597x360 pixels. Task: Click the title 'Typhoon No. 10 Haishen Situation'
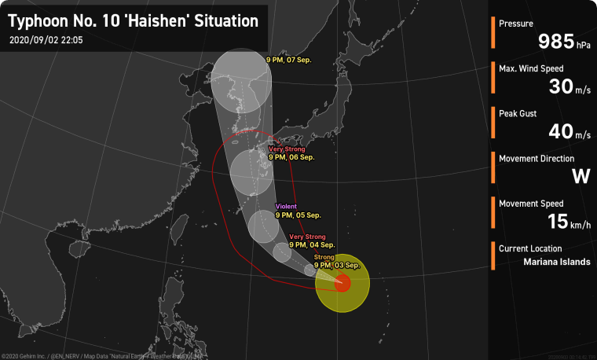tap(133, 21)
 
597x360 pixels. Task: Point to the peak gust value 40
tap(560, 131)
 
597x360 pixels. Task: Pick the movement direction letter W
tap(581, 176)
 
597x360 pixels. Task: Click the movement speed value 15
tap(558, 221)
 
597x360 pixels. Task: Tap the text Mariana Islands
tap(556, 262)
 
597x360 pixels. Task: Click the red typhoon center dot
tap(342, 282)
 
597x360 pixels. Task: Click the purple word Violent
tap(286, 206)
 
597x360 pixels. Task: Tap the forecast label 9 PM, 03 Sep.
tap(336, 265)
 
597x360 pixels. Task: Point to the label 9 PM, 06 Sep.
tap(291, 157)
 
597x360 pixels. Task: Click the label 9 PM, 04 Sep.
tap(312, 244)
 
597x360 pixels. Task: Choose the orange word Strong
tap(324, 257)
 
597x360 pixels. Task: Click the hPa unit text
tap(584, 46)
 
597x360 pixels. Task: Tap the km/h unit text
tap(581, 226)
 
